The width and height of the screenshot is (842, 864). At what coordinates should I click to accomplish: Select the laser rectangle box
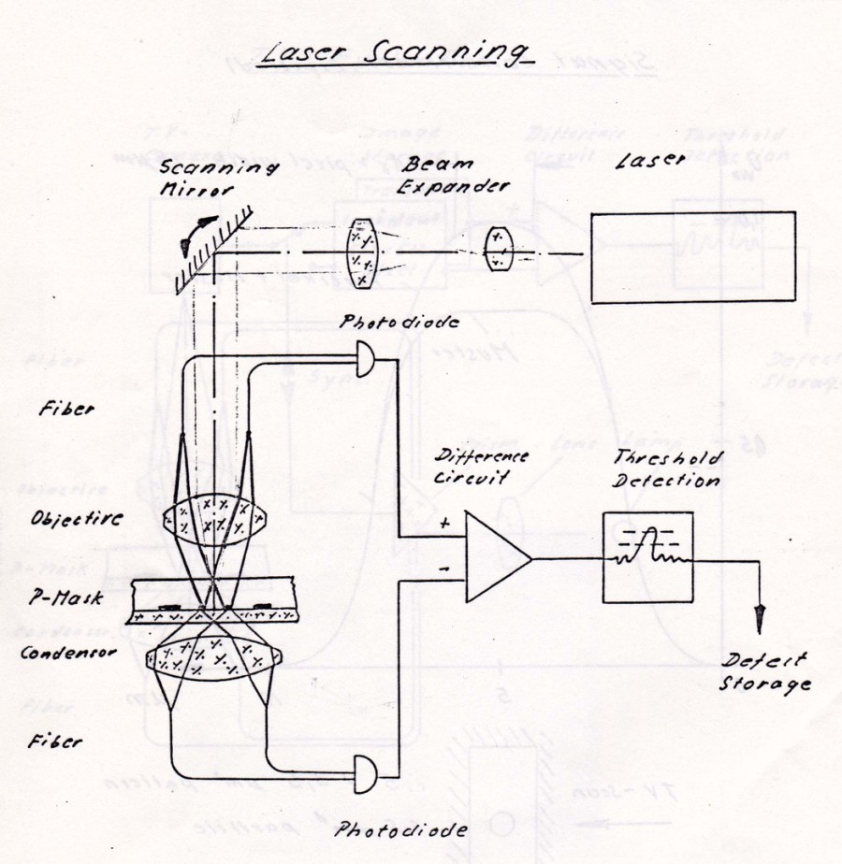(x=693, y=256)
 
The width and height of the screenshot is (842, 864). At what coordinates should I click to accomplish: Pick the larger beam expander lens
(x=361, y=251)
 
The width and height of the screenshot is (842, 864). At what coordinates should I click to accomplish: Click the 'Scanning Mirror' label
(x=221, y=178)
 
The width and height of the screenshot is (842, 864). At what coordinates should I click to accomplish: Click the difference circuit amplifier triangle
(x=497, y=560)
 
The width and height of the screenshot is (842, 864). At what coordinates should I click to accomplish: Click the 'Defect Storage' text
(x=763, y=672)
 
